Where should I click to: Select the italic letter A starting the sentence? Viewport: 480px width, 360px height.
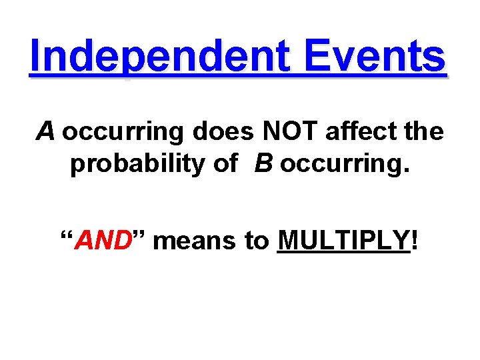tap(45, 132)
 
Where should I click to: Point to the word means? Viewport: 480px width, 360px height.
tap(194, 241)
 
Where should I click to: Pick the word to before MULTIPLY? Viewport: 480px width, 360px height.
tap(256, 241)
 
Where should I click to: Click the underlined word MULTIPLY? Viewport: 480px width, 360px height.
tap(343, 240)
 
